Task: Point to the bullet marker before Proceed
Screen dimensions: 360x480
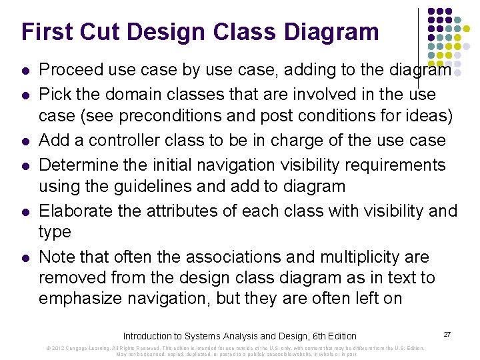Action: coord(25,70)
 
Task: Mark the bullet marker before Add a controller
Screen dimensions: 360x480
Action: coord(25,141)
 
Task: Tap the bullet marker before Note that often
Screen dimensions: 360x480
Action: coord(25,257)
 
